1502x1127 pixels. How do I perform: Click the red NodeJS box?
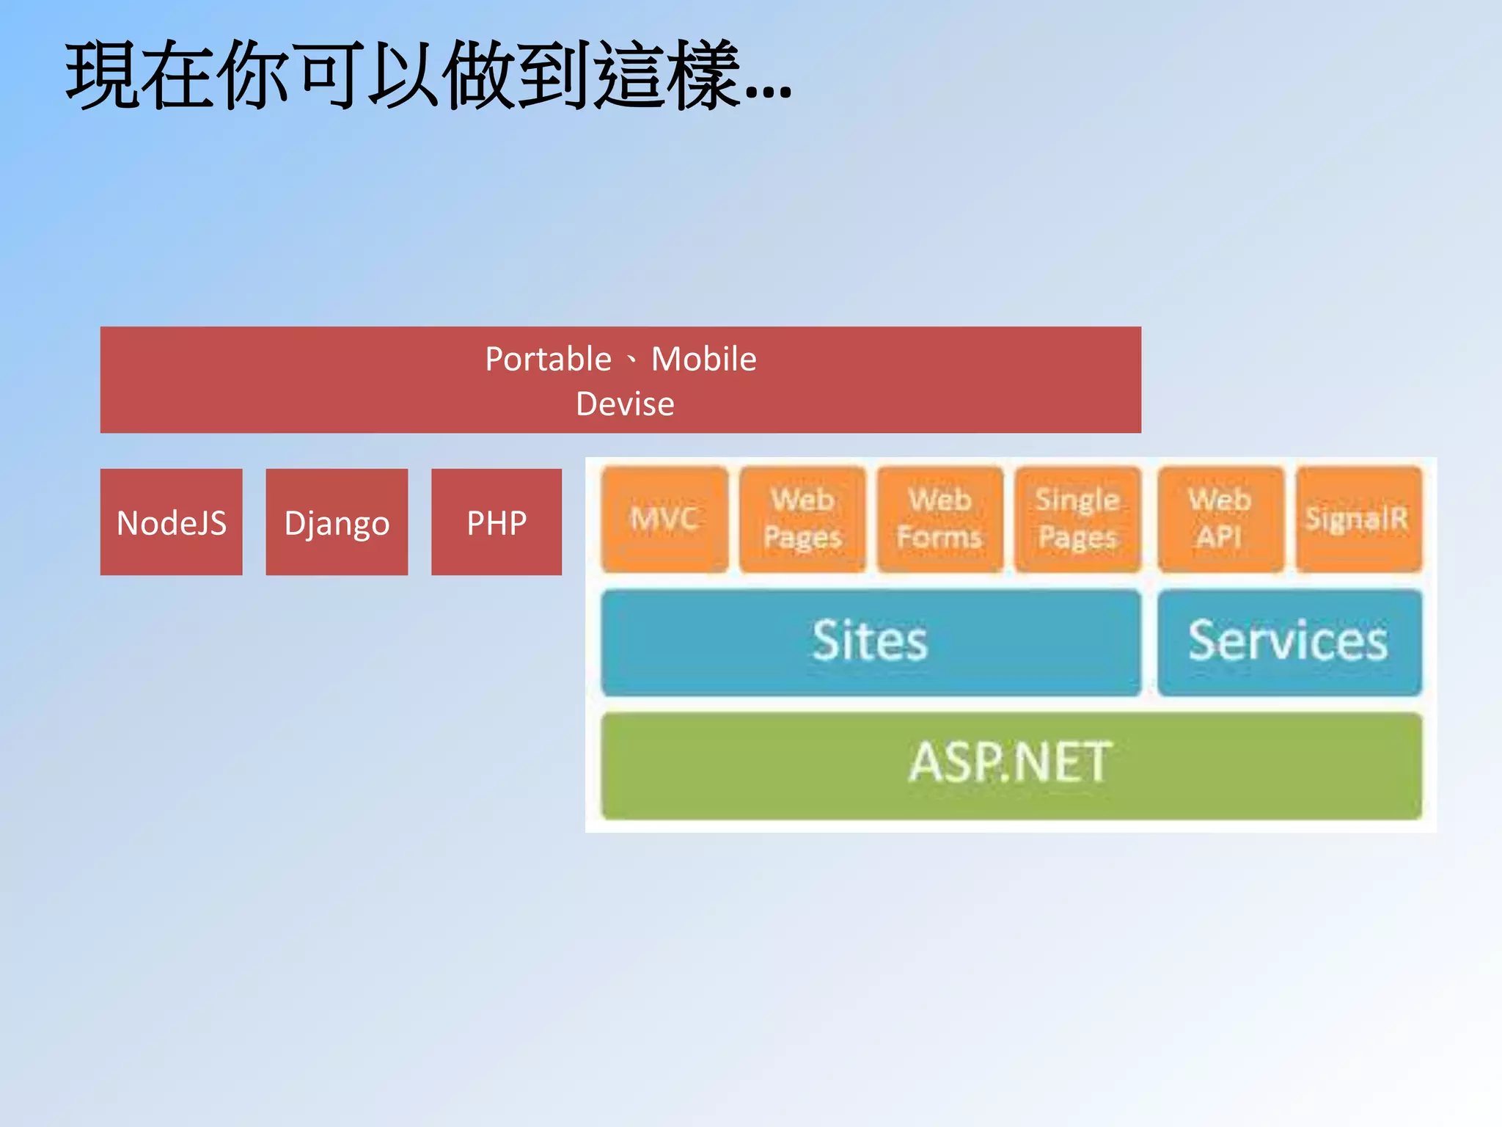pyautogui.click(x=171, y=522)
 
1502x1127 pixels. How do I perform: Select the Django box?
pyautogui.click(x=337, y=522)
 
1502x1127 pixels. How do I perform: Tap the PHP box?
pyautogui.click(x=497, y=522)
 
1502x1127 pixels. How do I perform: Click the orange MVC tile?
pyautogui.click(x=664, y=519)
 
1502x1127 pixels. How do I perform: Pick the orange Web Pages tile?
pyautogui.click(x=802, y=519)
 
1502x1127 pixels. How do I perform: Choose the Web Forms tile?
pyautogui.click(x=939, y=519)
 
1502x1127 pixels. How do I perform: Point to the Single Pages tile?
pyautogui.click(x=1077, y=519)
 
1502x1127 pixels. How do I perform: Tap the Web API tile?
pyautogui.click(x=1220, y=519)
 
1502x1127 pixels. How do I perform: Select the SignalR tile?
pyautogui.click(x=1358, y=519)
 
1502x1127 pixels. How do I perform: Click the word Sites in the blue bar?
pyautogui.click(x=870, y=641)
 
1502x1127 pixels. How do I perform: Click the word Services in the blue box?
pyautogui.click(x=1288, y=641)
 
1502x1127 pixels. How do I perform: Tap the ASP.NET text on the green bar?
pyautogui.click(x=1010, y=763)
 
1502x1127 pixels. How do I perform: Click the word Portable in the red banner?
pyautogui.click(x=548, y=360)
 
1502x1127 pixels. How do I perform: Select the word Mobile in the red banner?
pyautogui.click(x=703, y=360)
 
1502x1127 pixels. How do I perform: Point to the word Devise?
pyautogui.click(x=625, y=404)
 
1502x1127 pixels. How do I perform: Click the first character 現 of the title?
pyautogui.click(x=103, y=76)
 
